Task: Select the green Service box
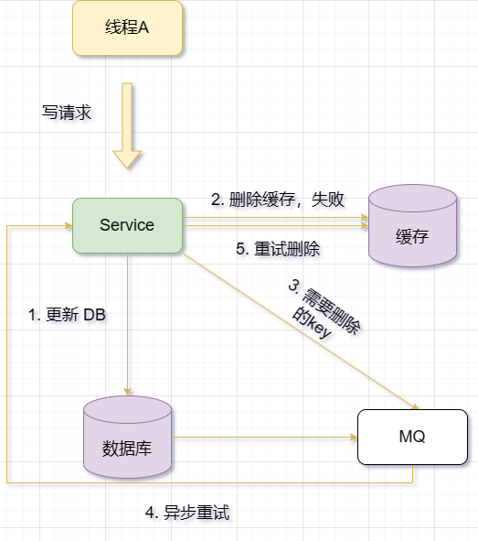click(127, 225)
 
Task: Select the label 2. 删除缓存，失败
click(278, 200)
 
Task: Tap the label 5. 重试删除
click(278, 248)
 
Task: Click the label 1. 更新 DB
click(68, 315)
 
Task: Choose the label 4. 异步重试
click(187, 513)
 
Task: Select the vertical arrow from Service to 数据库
click(128, 320)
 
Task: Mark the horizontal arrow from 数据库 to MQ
click(265, 438)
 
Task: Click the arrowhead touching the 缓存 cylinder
click(364, 220)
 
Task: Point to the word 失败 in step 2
click(328, 200)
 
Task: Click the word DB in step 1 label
click(95, 315)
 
